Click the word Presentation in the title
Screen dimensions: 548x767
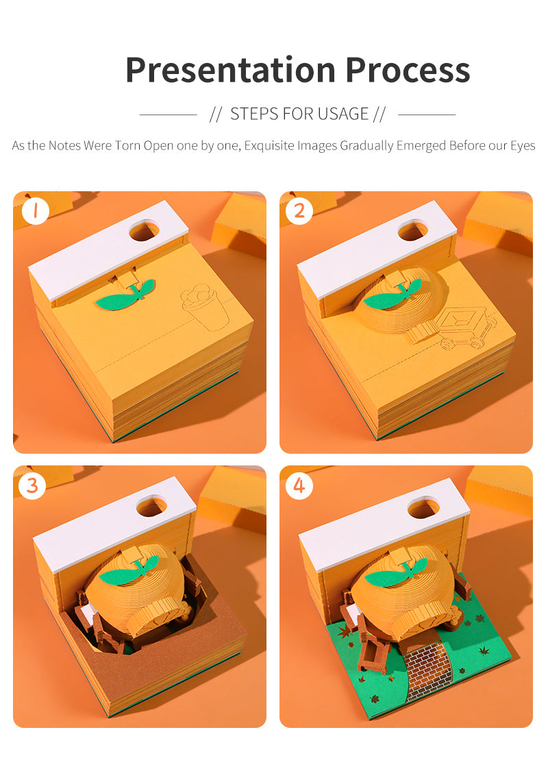point(230,71)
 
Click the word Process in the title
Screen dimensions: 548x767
point(408,70)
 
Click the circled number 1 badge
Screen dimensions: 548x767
point(35,211)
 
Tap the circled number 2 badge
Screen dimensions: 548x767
point(299,211)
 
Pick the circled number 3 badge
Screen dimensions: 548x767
point(32,485)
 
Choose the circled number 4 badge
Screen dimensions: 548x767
point(299,485)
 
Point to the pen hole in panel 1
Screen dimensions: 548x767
point(144,230)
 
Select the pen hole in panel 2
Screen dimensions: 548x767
point(412,230)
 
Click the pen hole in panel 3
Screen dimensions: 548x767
point(151,507)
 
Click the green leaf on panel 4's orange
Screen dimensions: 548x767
point(395,573)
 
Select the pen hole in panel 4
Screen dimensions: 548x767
point(423,508)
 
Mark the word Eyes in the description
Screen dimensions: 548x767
point(523,146)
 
